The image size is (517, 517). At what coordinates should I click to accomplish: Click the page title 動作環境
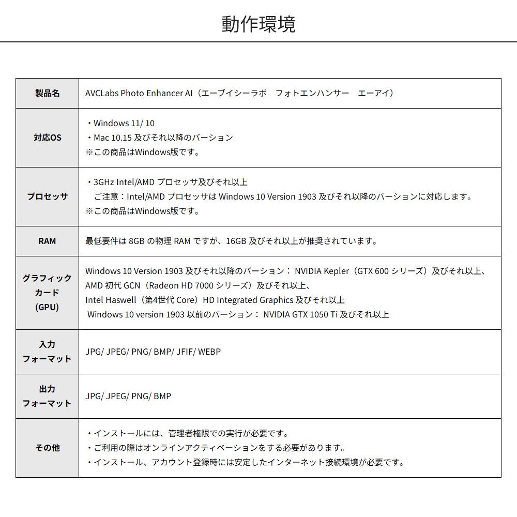(258, 24)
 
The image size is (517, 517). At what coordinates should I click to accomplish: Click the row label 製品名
(47, 93)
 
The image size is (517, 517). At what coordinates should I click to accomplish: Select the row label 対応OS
(47, 138)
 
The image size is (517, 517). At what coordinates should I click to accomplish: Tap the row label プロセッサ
(47, 196)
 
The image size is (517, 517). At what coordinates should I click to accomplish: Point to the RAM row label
(47, 241)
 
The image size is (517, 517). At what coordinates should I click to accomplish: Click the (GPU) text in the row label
(47, 307)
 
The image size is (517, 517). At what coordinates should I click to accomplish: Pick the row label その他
(47, 448)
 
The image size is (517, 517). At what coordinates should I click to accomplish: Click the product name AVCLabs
(101, 93)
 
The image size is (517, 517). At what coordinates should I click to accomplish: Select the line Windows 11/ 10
(124, 123)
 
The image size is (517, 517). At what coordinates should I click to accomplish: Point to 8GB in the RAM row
(136, 241)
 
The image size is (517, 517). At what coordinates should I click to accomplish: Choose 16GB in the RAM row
(236, 241)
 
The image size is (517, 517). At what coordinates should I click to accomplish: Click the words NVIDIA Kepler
(322, 271)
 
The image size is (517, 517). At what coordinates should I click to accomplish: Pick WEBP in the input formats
(209, 352)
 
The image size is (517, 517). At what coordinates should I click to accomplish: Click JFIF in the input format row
(185, 352)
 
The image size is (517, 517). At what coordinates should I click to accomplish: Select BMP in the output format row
(162, 396)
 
